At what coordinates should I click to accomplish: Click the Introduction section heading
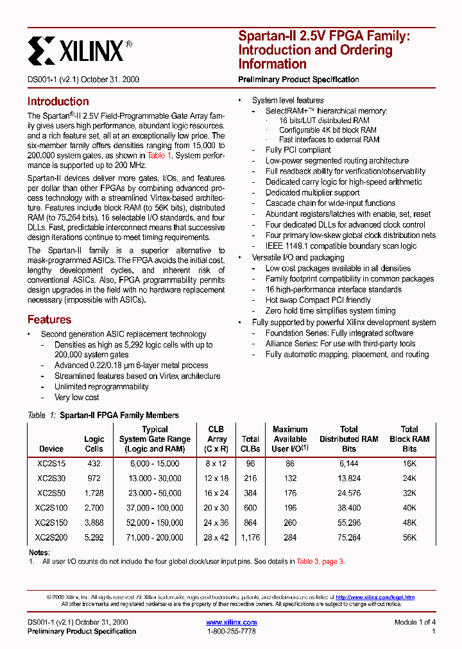[x=58, y=101]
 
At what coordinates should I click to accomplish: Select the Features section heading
[x=49, y=319]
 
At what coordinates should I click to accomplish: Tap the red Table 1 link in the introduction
[x=159, y=155]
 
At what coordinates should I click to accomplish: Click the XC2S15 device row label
[x=51, y=463]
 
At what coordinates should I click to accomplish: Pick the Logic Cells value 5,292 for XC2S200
[x=94, y=537]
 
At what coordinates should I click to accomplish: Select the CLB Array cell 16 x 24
[x=217, y=493]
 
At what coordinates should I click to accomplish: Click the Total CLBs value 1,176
[x=250, y=537]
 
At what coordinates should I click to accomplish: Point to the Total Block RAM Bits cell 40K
[x=409, y=507]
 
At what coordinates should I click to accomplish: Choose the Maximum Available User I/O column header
[x=290, y=439]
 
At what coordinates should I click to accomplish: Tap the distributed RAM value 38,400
[x=349, y=507]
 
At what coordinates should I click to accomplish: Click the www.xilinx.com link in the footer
[x=231, y=622]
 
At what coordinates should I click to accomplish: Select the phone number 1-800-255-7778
[x=231, y=631]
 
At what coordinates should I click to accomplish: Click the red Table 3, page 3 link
[x=320, y=561]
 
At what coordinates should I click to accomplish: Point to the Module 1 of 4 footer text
[x=415, y=622]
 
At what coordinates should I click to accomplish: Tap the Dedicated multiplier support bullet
[x=312, y=192]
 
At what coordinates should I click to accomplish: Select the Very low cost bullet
[x=76, y=397]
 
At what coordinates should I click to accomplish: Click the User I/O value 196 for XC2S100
[x=290, y=507]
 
